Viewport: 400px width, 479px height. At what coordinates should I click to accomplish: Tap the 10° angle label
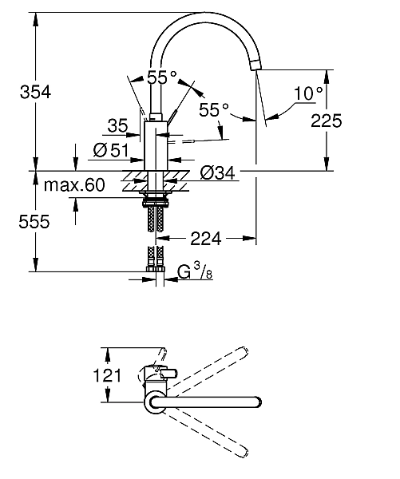click(308, 93)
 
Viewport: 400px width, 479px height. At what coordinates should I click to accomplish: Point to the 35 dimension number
click(117, 125)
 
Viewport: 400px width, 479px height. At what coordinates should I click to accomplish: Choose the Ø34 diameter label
click(216, 172)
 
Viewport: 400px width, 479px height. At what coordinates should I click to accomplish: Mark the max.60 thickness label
click(74, 186)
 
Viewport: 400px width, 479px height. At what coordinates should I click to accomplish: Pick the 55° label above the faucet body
click(162, 78)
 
